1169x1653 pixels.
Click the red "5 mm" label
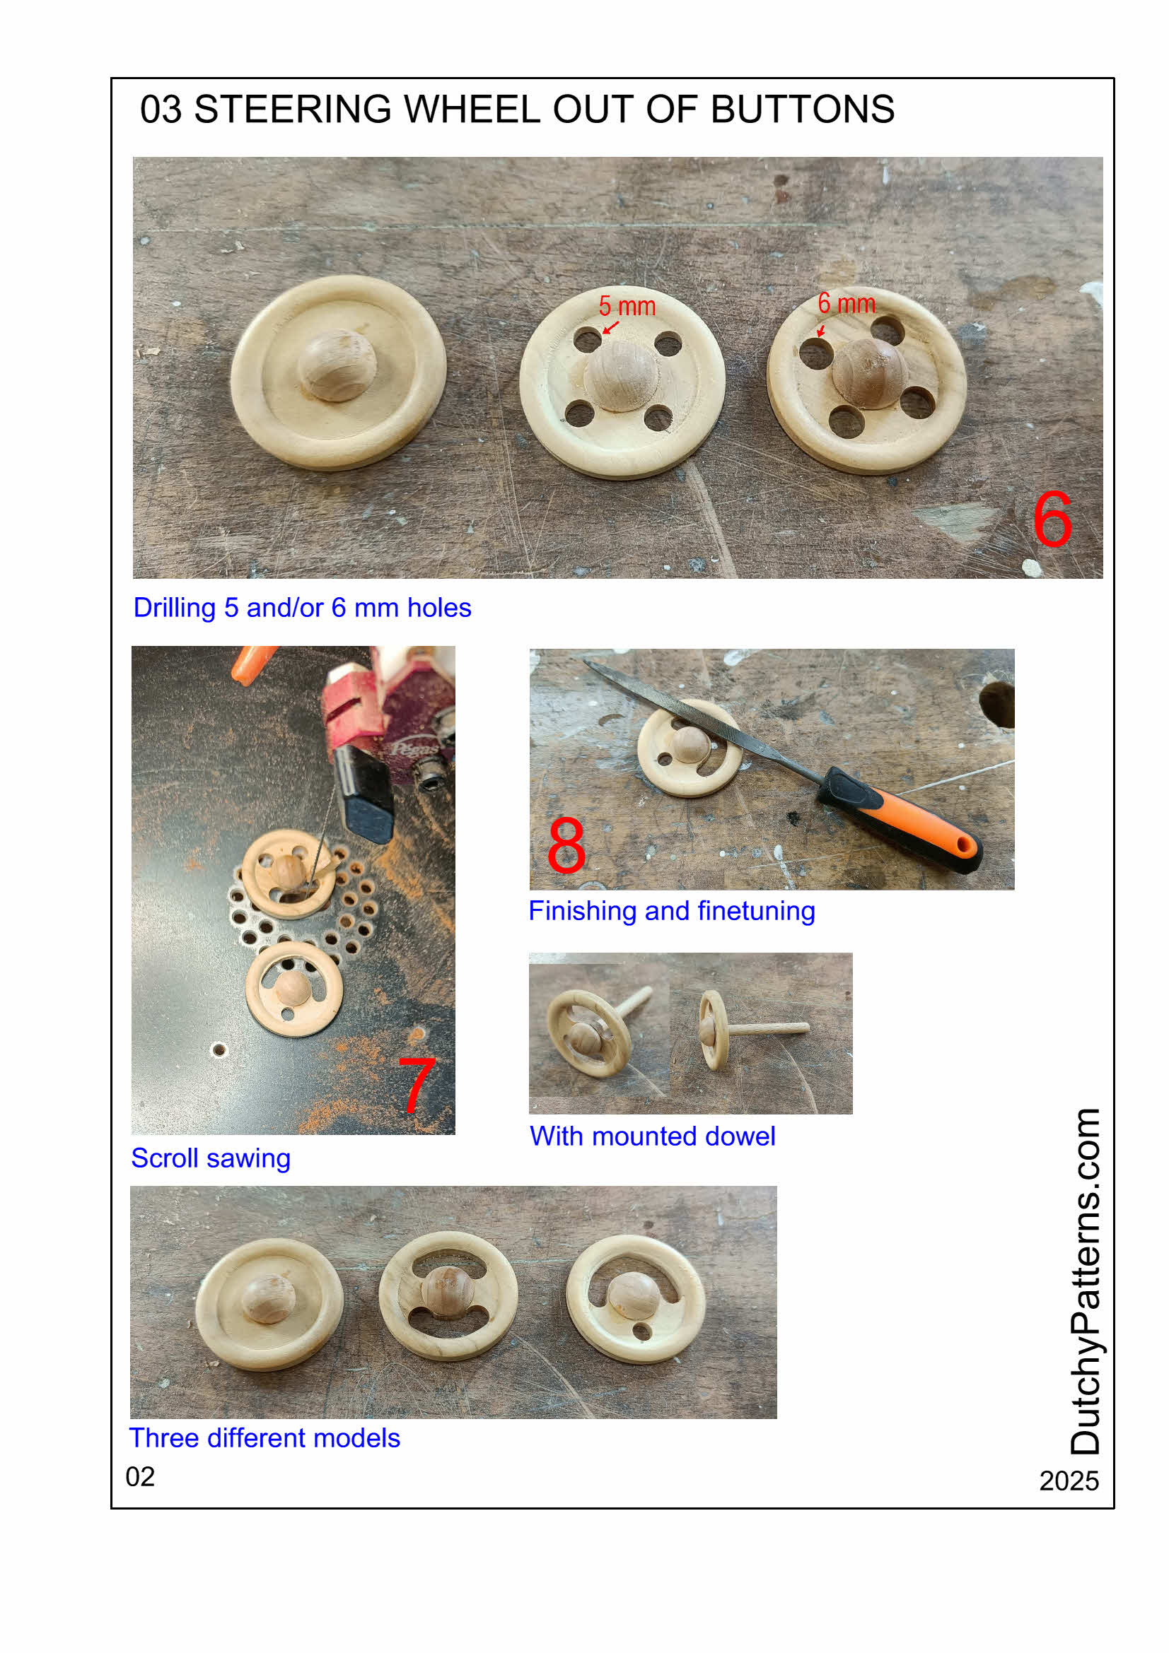pos(627,307)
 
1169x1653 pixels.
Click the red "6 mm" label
pos(847,304)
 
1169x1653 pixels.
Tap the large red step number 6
pos(1052,519)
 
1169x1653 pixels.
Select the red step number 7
pos(417,1083)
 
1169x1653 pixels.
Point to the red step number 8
pos(566,845)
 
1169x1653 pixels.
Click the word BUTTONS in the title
pos(802,110)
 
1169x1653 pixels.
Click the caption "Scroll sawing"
pos(211,1158)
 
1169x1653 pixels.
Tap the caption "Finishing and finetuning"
pos(671,912)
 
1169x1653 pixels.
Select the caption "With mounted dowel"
pos(652,1136)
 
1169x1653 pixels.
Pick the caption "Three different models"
pos(265,1437)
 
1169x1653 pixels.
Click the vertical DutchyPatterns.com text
pos(1085,1282)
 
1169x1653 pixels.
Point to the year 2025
pos(1068,1481)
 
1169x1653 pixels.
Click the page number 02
pos(141,1476)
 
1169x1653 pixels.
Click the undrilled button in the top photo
pos(339,372)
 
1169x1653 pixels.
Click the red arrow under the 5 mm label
pos(611,328)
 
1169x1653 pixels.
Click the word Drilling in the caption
pos(175,608)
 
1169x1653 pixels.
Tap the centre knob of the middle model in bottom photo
pos(447,1293)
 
